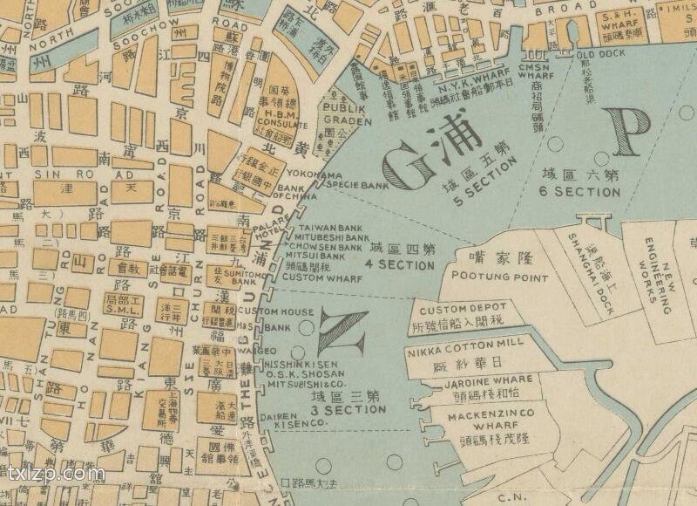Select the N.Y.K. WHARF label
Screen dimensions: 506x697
click(465, 88)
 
